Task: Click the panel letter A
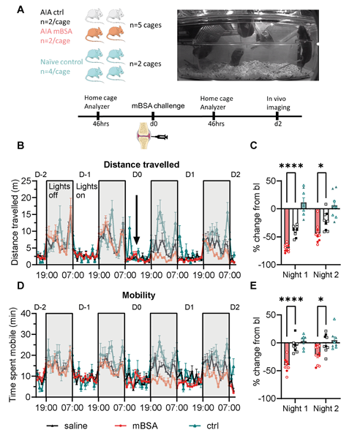20,10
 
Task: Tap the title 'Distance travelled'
141,165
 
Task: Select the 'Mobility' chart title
138,295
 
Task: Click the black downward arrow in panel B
136,219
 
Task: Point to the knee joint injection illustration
151,135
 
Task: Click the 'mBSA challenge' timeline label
158,106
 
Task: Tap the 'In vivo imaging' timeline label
278,103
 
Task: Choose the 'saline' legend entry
67,426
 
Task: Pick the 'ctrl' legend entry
204,426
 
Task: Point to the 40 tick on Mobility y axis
29,314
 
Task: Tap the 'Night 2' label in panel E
326,408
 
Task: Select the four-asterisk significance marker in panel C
291,166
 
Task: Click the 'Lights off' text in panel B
59,191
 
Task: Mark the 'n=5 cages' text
146,25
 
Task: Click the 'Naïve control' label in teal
61,62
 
